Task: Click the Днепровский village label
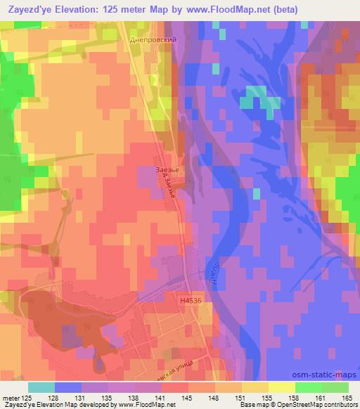coord(152,41)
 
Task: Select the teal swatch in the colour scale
coord(41,387)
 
